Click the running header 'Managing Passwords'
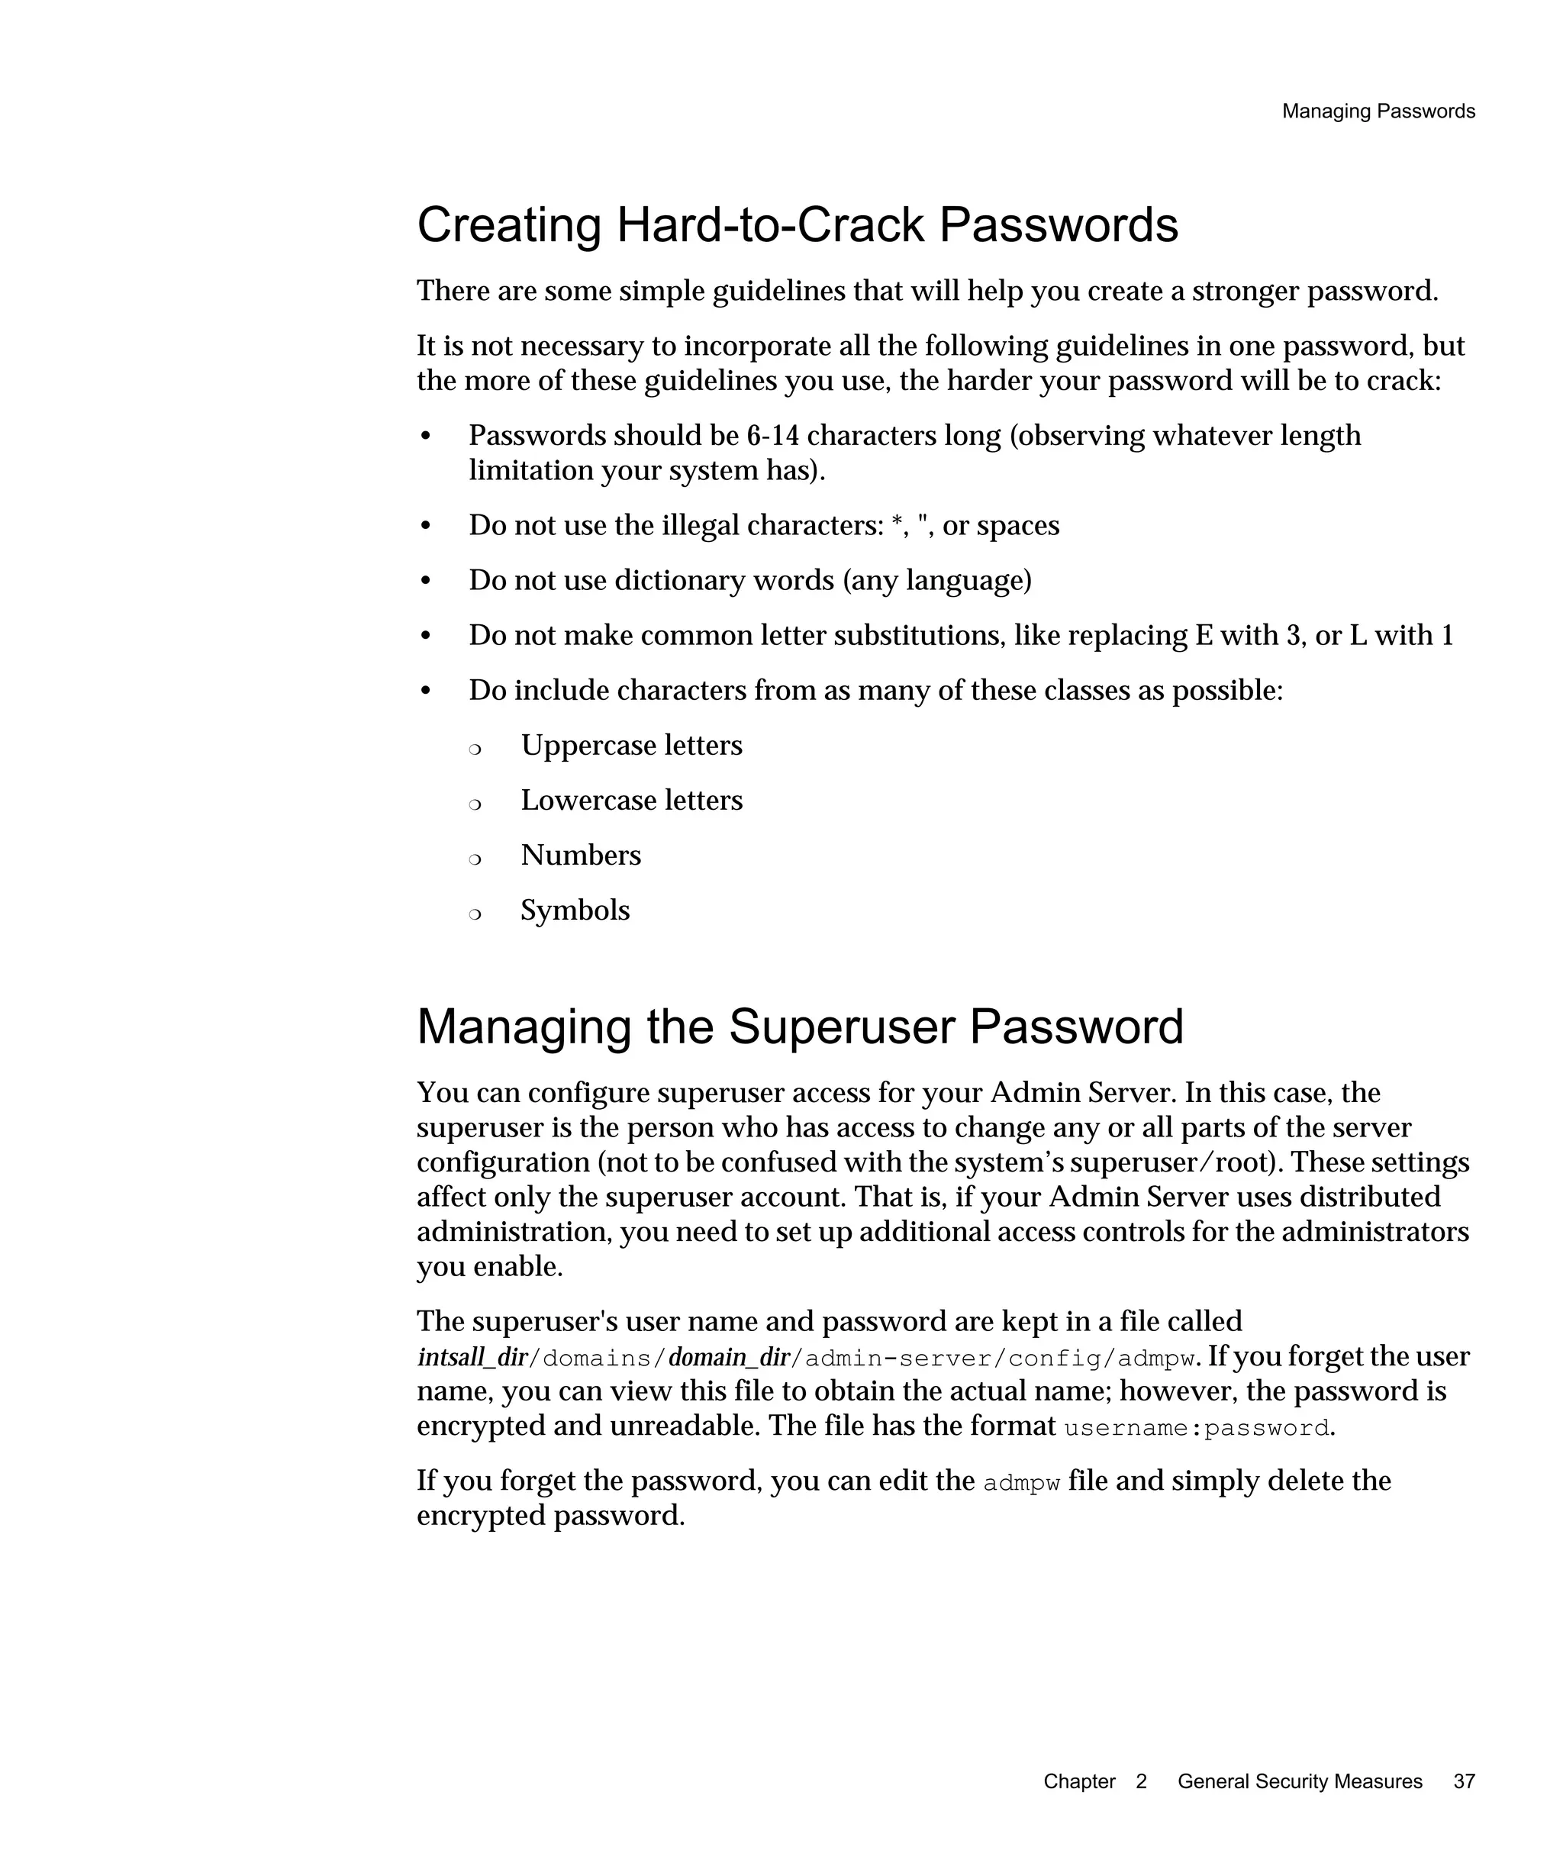click(x=1378, y=111)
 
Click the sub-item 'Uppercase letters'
click(x=630, y=745)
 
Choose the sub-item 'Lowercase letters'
click(x=630, y=801)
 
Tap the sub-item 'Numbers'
click(x=581, y=856)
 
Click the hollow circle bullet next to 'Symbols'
click(x=475, y=914)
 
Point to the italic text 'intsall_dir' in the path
click(x=472, y=1358)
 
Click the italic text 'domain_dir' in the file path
click(x=729, y=1358)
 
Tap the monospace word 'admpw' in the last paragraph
click(x=1021, y=1484)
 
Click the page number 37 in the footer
click(x=1464, y=1781)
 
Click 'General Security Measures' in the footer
click(x=1299, y=1781)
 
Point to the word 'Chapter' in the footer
click(x=1079, y=1781)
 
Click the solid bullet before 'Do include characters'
click(x=426, y=691)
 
